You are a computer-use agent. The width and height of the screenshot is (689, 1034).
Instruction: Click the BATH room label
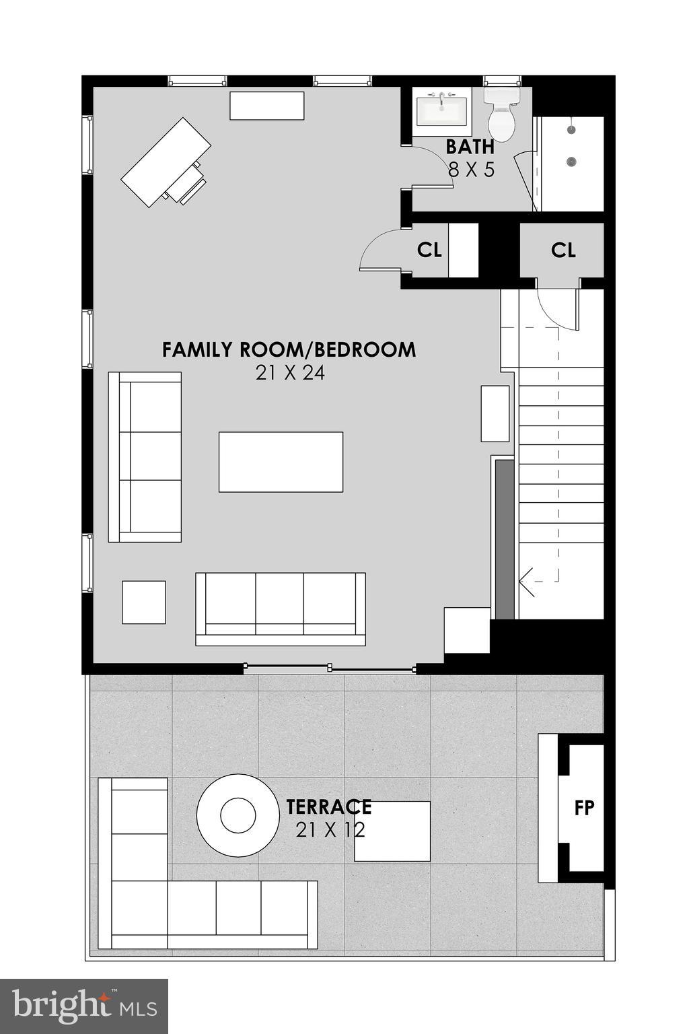point(470,147)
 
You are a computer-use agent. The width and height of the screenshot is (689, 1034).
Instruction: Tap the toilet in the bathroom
point(501,114)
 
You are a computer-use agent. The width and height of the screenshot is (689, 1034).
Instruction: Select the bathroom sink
point(441,110)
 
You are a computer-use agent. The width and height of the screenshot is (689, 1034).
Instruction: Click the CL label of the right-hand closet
point(563,250)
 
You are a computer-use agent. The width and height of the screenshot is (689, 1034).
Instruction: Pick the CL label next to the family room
point(429,250)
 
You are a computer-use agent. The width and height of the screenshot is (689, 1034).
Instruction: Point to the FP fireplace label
point(584,807)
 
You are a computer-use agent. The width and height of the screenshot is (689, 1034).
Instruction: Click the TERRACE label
point(328,806)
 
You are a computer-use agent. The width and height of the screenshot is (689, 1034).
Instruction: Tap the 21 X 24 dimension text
point(290,373)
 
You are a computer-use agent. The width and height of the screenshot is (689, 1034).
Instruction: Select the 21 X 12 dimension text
point(330,830)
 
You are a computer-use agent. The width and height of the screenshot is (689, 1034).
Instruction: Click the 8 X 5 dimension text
point(471,170)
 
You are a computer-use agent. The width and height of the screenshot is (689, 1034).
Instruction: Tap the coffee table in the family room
point(281,462)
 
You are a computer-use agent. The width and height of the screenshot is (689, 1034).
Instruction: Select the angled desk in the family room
point(166,162)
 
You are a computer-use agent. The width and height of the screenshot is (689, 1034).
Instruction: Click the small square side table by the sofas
point(143,602)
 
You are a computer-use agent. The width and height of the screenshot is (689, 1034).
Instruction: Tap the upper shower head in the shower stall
point(572,129)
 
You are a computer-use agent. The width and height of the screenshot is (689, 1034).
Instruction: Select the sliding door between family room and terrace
point(330,668)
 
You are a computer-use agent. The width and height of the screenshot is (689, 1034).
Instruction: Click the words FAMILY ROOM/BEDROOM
point(289,350)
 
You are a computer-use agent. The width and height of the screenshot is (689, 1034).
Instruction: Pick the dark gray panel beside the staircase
point(504,539)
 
